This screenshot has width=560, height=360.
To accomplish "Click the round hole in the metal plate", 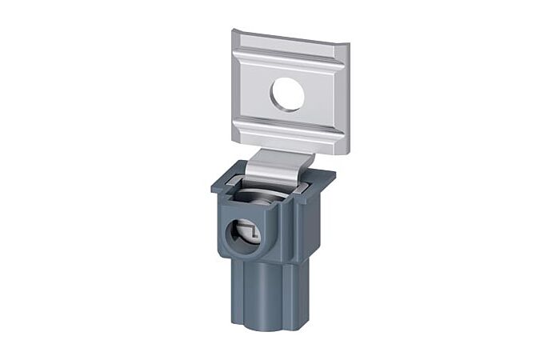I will [x=287, y=94].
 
